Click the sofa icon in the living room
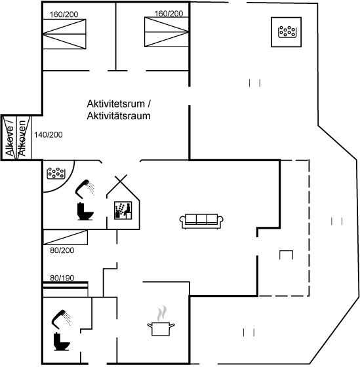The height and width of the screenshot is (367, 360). click(x=201, y=221)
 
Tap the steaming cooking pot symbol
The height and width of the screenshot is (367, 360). click(x=161, y=320)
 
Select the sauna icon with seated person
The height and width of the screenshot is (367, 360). click(x=123, y=210)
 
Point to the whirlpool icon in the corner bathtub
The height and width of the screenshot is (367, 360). click(x=56, y=173)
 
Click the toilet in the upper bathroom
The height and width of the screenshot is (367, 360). click(x=85, y=211)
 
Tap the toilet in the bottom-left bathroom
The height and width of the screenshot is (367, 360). click(x=62, y=341)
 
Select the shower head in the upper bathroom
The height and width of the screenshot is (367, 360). click(x=85, y=187)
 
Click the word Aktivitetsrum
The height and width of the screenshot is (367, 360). click(x=115, y=104)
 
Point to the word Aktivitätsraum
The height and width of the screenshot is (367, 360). click(x=119, y=116)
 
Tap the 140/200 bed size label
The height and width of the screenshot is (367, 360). click(x=49, y=135)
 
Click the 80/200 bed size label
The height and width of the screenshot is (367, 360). click(x=62, y=250)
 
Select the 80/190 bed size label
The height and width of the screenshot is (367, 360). click(x=62, y=278)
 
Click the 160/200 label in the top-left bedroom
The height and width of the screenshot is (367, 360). click(x=64, y=14)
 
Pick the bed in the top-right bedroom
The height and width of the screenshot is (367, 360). click(x=167, y=32)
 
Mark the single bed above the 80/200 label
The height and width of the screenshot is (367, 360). click(x=66, y=237)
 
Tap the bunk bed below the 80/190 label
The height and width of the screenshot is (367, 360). click(x=66, y=289)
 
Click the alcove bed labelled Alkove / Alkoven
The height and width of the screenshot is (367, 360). click(x=16, y=138)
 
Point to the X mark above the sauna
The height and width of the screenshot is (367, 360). click(x=121, y=180)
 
